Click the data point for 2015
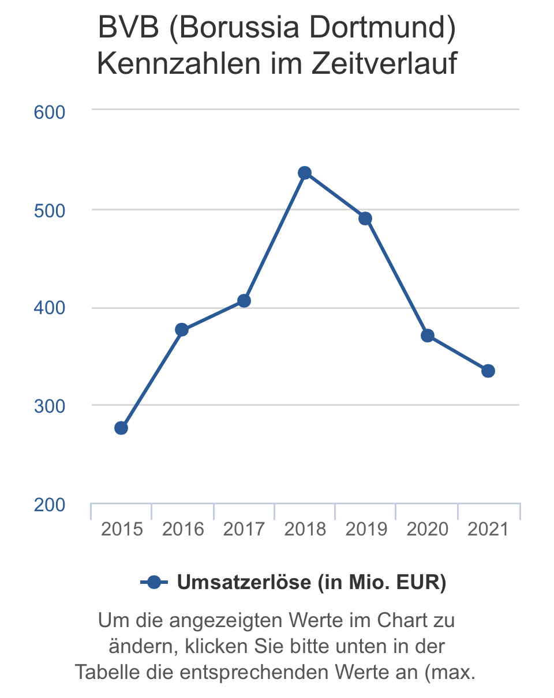click(121, 428)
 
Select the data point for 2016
click(182, 330)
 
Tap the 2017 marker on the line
click(244, 301)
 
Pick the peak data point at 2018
click(305, 173)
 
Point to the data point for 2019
click(365, 218)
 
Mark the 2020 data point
click(428, 335)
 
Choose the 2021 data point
click(488, 371)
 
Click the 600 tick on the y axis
click(50, 112)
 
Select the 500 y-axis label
click(50, 210)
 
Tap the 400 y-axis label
click(50, 308)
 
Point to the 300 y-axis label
click(50, 406)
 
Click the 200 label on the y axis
click(50, 505)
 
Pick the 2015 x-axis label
click(122, 529)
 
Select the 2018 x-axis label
click(305, 529)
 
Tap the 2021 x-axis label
click(488, 529)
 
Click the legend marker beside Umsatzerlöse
click(154, 583)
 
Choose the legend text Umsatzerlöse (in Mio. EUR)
click(312, 583)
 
